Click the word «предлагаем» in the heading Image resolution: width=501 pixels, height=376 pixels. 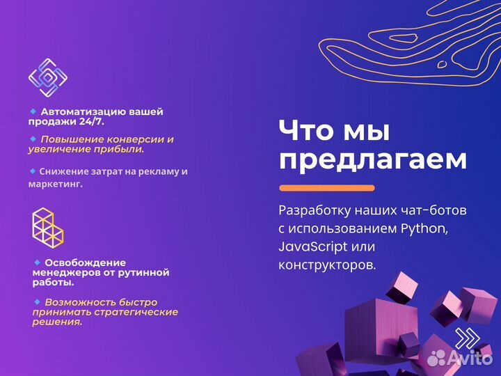pos(372,161)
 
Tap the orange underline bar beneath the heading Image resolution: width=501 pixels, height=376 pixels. pos(326,188)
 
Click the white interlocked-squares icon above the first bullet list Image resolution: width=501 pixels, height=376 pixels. pos(47,77)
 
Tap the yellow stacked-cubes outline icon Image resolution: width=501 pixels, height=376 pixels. pos(47,228)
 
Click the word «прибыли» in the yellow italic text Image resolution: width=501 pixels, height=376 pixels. pos(120,149)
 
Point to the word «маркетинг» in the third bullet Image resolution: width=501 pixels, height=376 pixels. pos(54,185)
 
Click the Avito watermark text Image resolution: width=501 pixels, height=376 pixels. pos(469,358)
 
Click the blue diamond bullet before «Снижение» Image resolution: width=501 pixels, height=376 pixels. pos(33,171)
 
